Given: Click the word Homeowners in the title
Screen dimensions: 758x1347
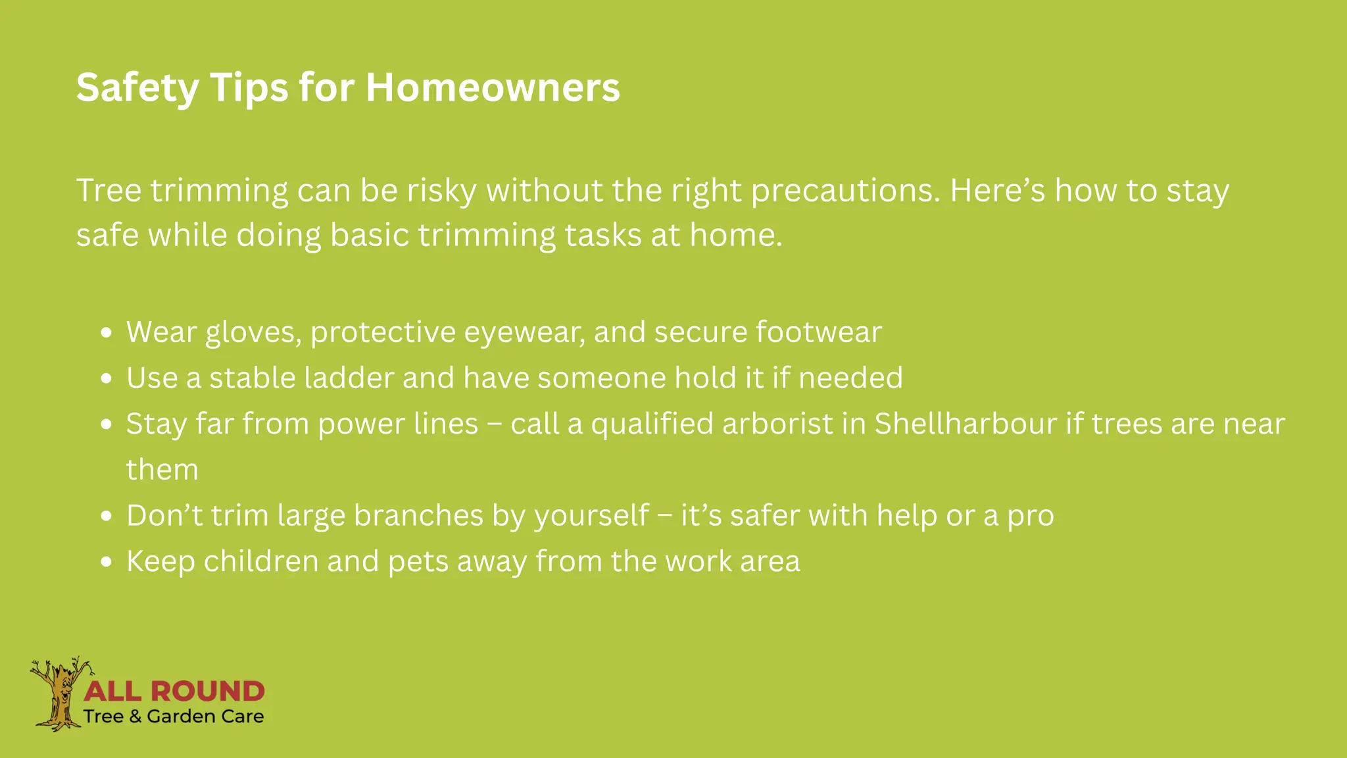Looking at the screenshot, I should click(x=493, y=88).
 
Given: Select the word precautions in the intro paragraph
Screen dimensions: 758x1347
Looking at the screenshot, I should click(x=845, y=191).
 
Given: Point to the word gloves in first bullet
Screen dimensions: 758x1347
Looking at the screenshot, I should click(x=253, y=332).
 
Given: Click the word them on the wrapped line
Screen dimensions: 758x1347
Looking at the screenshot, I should click(x=162, y=470).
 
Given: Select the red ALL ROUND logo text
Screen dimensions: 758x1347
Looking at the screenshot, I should click(x=174, y=691).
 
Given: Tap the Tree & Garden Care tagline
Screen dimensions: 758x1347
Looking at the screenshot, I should click(x=174, y=717).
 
